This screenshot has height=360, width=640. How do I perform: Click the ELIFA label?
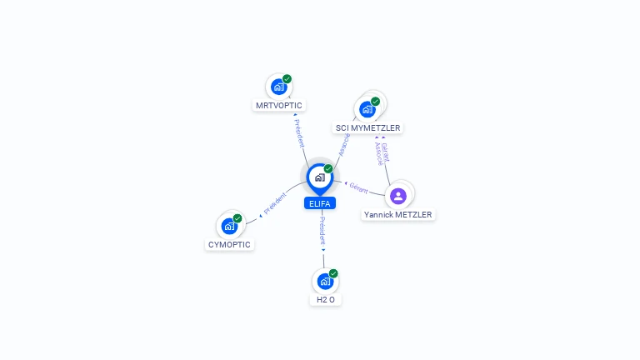pos(320,203)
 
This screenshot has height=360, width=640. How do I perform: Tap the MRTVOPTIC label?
pos(279,106)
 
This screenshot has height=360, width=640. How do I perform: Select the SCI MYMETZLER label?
pos(367,128)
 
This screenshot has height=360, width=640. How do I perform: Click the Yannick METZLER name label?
pos(398,215)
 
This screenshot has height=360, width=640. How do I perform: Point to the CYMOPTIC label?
pos(229,245)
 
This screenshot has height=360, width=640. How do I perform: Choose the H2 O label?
pos(326,300)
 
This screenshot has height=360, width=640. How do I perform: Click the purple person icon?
pos(398,196)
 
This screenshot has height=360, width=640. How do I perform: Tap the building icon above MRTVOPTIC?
pos(278,87)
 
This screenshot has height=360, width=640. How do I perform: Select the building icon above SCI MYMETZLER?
pos(367,109)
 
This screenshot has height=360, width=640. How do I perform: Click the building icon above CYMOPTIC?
pos(228,226)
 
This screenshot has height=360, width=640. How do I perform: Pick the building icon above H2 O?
pos(325,281)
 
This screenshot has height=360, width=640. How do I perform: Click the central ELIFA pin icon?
pos(319,177)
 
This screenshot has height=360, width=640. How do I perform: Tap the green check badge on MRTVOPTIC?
pos(287,79)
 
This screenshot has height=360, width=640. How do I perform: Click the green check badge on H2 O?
pos(333,273)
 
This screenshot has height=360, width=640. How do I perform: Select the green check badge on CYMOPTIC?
pos(237,218)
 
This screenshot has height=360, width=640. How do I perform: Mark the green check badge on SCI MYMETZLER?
pos(376,102)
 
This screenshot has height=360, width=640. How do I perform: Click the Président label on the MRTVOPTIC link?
pos(300,132)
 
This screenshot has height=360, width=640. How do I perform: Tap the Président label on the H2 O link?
pos(323,231)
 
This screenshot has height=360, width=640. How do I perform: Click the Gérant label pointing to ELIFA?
pos(359,187)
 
